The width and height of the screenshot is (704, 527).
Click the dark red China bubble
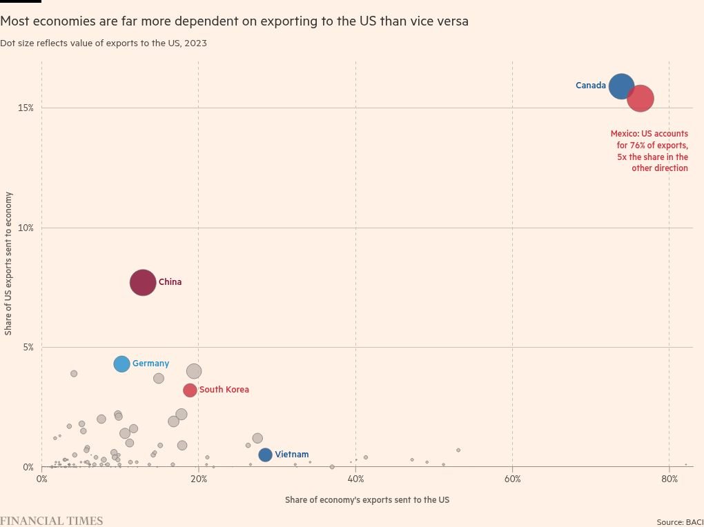[x=143, y=283]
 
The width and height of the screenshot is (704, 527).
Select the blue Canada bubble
[x=621, y=86]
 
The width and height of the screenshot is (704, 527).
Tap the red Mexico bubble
[x=641, y=99]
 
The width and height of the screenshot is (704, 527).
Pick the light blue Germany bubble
[x=121, y=364]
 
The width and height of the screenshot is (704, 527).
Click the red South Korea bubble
[x=190, y=390]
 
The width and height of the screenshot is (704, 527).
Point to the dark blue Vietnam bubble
[x=265, y=455]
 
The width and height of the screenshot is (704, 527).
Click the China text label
[x=170, y=282]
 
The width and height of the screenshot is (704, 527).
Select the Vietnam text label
[x=291, y=455]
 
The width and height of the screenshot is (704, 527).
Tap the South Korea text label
[x=224, y=390]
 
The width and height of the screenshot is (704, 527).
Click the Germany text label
[x=150, y=364]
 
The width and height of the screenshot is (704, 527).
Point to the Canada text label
[x=590, y=86]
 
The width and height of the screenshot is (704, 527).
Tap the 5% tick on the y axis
[x=27, y=348]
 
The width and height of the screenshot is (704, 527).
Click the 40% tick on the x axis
[x=355, y=479]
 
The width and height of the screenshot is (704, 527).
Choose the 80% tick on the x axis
[x=669, y=479]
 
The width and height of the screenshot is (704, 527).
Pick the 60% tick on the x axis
[x=512, y=479]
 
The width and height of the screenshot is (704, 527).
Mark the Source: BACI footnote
[x=679, y=522]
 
